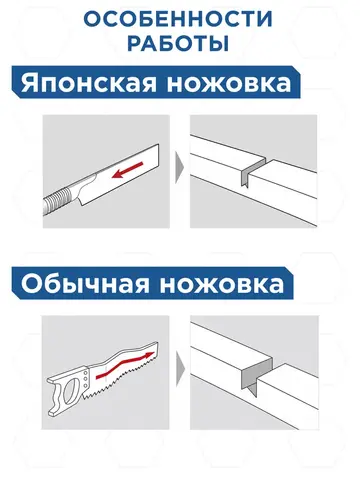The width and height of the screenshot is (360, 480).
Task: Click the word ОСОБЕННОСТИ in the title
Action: (x=178, y=19)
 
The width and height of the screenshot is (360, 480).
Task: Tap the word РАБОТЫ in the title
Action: (x=178, y=44)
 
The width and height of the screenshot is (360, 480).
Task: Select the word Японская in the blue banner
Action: (x=89, y=83)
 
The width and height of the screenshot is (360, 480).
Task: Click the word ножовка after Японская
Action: (x=229, y=83)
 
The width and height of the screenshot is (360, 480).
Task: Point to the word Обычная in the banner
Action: (x=85, y=284)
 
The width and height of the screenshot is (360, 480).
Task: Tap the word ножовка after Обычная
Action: (x=222, y=285)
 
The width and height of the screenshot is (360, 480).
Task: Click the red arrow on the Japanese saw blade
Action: (x=127, y=170)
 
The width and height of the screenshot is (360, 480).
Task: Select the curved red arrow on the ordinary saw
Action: (x=125, y=365)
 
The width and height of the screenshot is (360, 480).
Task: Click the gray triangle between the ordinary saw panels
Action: (x=180, y=368)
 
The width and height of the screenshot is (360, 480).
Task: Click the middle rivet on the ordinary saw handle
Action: (x=86, y=378)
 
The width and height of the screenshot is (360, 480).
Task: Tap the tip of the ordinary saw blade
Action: (x=157, y=343)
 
